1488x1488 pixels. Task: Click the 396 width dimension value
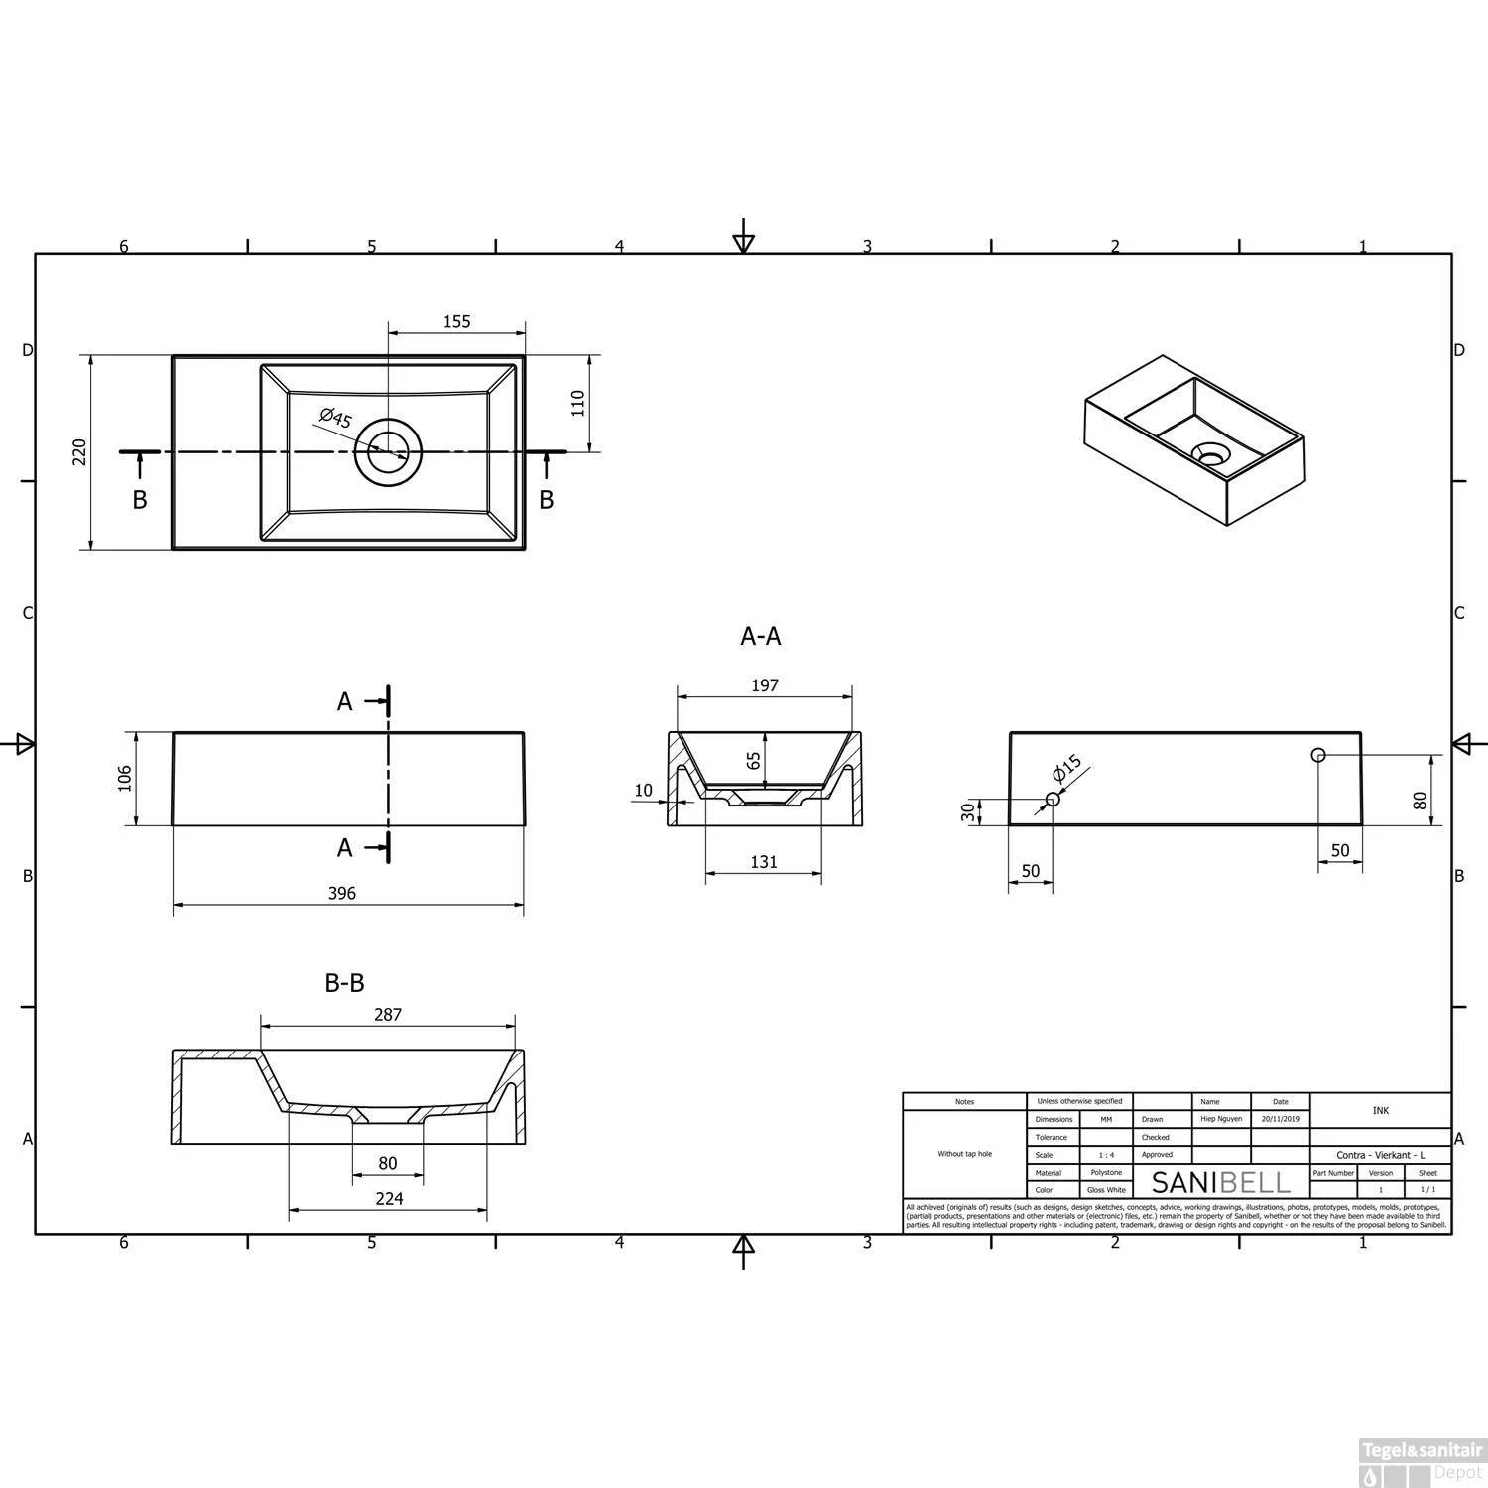[x=341, y=893]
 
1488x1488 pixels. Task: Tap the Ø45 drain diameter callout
[x=336, y=419]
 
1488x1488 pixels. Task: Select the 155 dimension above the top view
[x=456, y=321]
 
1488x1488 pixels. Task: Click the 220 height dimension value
[x=80, y=451]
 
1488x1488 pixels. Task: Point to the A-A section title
[x=760, y=636]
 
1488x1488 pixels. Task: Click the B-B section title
[x=344, y=983]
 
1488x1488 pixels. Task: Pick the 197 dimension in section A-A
[x=764, y=685]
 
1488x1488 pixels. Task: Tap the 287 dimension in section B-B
[x=388, y=1014]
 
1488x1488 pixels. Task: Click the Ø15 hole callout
[x=1067, y=770]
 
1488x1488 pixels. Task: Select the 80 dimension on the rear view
[x=1420, y=800]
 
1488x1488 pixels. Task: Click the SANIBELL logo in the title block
[x=1220, y=1182]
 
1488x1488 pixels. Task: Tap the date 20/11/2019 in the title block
[x=1280, y=1119]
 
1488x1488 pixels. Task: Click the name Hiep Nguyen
[x=1220, y=1119]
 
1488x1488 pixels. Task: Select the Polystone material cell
[x=1105, y=1173]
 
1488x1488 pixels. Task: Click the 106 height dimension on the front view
[x=124, y=778]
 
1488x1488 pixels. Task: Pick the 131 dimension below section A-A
[x=763, y=862]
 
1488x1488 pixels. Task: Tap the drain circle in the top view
[x=388, y=452]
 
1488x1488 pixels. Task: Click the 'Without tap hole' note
[x=964, y=1154]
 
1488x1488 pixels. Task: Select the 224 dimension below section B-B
[x=389, y=1198]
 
